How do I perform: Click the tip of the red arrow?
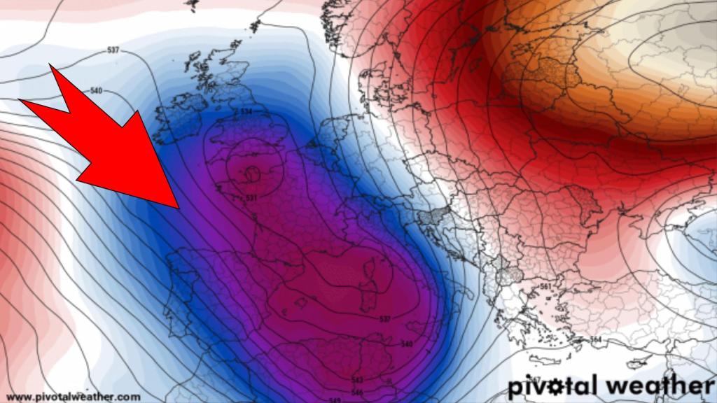(x=180, y=208)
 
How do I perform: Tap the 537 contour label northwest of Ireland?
(x=113, y=50)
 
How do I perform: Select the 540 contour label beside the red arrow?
(x=97, y=91)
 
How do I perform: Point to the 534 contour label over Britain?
(x=246, y=112)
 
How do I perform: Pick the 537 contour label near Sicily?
(x=384, y=320)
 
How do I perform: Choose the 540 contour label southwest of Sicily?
(x=407, y=344)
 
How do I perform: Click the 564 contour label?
(x=597, y=340)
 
